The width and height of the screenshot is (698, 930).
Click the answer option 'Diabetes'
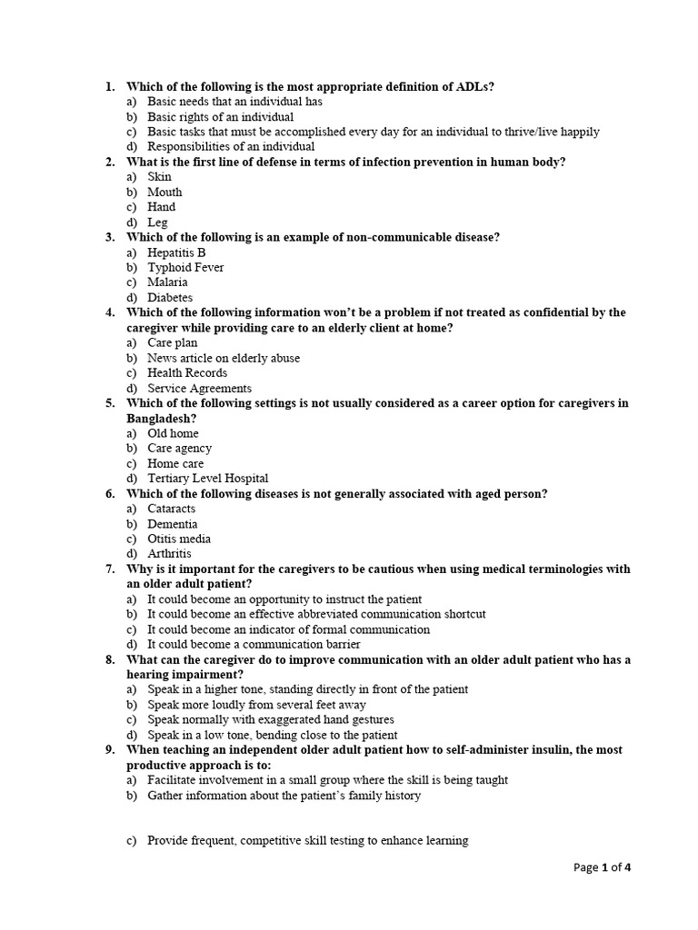[170, 298]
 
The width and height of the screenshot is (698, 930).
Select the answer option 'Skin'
[159, 177]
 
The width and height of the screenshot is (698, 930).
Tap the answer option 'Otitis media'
[181, 539]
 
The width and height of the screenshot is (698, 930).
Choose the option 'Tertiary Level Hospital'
[208, 479]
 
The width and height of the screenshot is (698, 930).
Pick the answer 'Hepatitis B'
[176, 252]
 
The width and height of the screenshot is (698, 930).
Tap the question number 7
[109, 569]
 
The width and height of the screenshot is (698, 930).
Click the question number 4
[109, 313]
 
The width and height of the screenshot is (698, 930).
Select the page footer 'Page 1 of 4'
[602, 867]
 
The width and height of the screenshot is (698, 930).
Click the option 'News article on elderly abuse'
[224, 358]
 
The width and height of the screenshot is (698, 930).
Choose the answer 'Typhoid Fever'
[185, 268]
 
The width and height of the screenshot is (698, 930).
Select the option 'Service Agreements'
[199, 389]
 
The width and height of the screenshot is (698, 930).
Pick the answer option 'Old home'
[173, 433]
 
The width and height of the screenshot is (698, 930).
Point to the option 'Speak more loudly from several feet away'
[257, 705]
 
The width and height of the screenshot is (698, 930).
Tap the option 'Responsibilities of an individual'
[231, 147]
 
